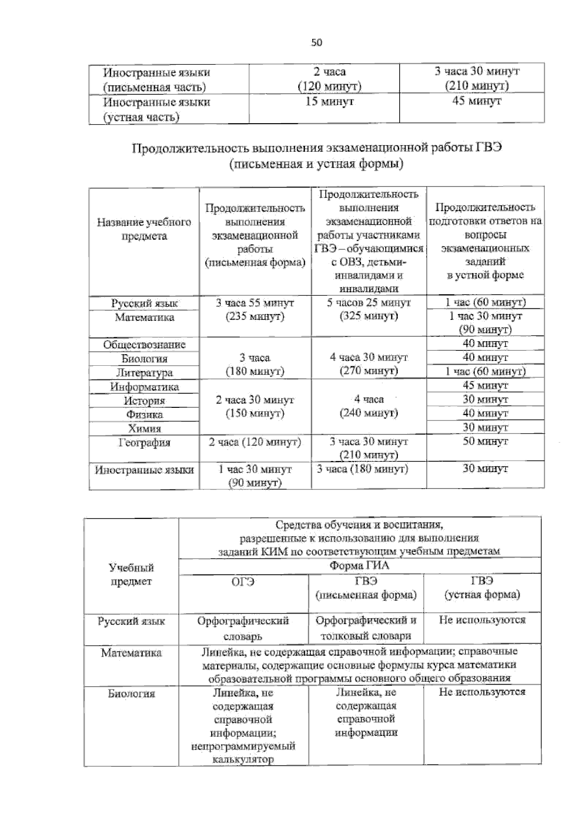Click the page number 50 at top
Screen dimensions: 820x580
[x=316, y=43]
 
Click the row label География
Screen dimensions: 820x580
[x=144, y=443]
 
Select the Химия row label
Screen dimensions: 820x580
[x=144, y=429]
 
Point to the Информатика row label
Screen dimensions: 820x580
[x=144, y=387]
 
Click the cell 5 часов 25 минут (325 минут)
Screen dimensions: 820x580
[x=368, y=310]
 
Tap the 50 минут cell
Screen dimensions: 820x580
[x=485, y=441]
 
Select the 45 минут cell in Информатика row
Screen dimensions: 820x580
[x=485, y=386]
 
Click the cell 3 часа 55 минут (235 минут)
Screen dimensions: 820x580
[x=255, y=310]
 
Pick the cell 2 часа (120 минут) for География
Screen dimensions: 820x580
[x=255, y=442]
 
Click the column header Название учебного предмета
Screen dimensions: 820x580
[x=144, y=229]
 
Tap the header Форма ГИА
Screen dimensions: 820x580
[x=359, y=566]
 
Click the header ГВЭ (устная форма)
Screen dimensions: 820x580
[x=482, y=588]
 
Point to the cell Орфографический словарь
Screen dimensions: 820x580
[x=243, y=628]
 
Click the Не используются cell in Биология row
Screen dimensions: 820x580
[x=482, y=692]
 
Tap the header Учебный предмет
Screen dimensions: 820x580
[x=131, y=574]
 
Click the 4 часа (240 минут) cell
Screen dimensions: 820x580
[x=368, y=406]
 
